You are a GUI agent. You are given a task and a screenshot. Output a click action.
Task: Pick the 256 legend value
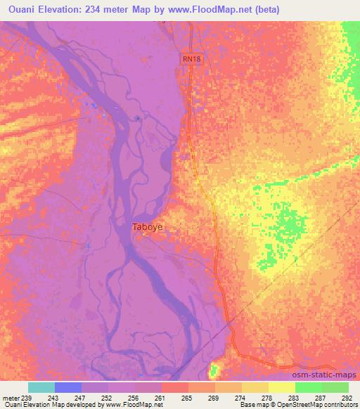[136, 398]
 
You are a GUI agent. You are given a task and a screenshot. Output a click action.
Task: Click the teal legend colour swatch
[41, 387]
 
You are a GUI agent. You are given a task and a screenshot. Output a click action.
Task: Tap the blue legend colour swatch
[68, 387]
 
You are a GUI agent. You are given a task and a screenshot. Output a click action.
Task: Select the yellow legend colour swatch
[281, 387]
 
